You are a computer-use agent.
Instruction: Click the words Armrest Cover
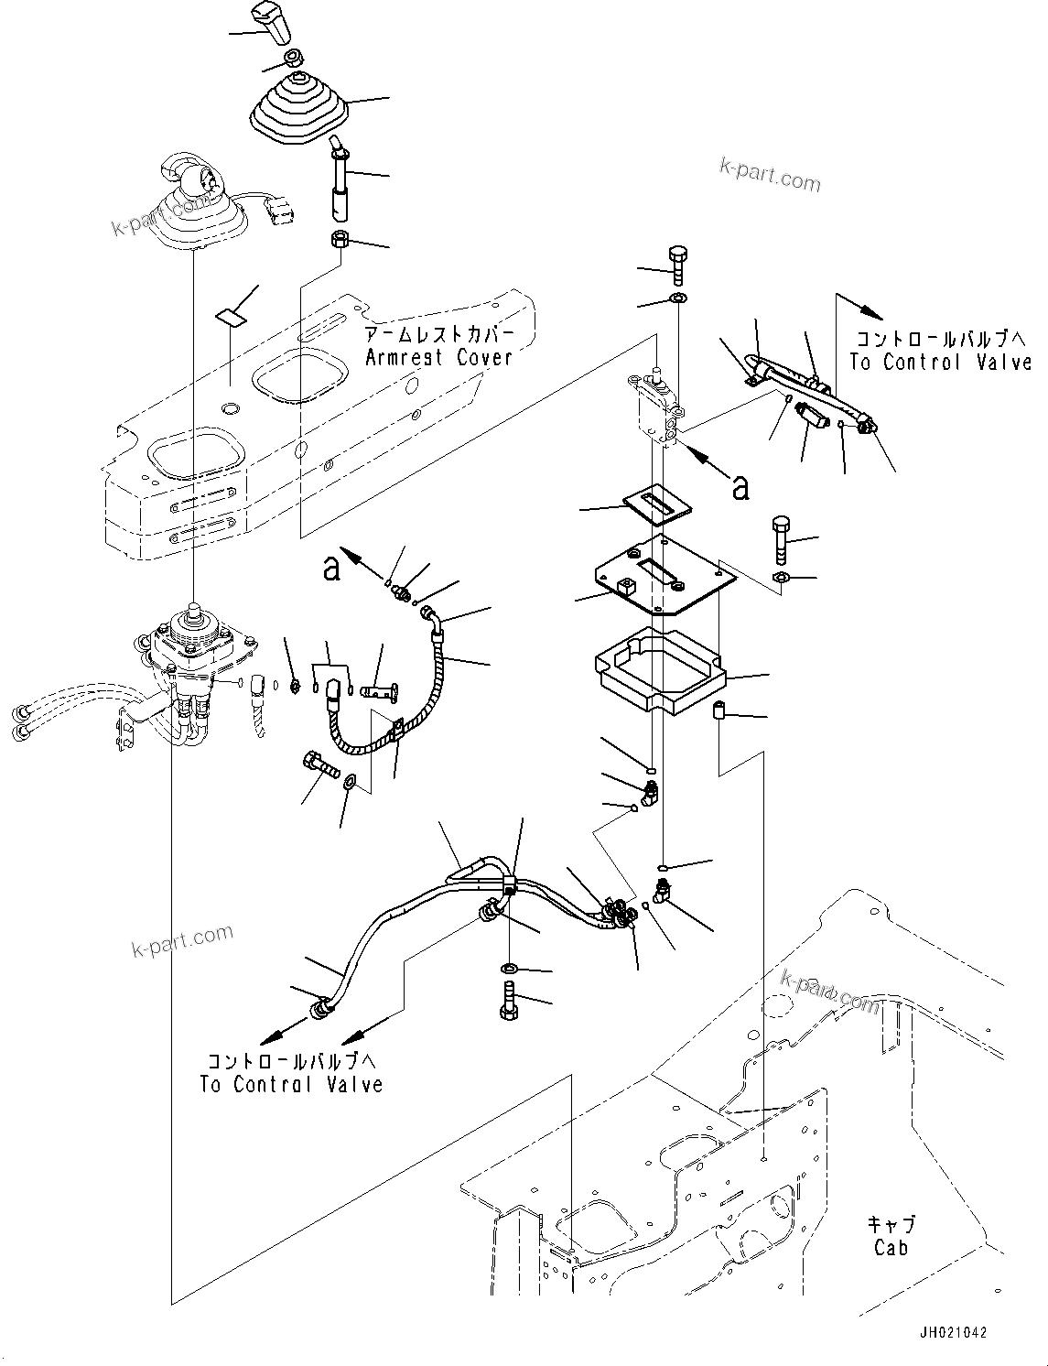point(438,357)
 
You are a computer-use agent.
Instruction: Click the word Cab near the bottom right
point(890,1247)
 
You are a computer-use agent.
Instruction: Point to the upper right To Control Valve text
point(940,362)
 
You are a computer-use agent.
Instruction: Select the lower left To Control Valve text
point(291,1084)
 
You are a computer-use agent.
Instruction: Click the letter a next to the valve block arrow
point(740,488)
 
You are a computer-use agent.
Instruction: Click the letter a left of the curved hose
point(331,569)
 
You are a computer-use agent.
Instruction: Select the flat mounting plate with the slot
point(663,577)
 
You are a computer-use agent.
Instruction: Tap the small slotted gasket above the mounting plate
point(657,503)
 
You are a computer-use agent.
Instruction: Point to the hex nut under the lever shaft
point(337,242)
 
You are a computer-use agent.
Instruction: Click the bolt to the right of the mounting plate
point(780,539)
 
